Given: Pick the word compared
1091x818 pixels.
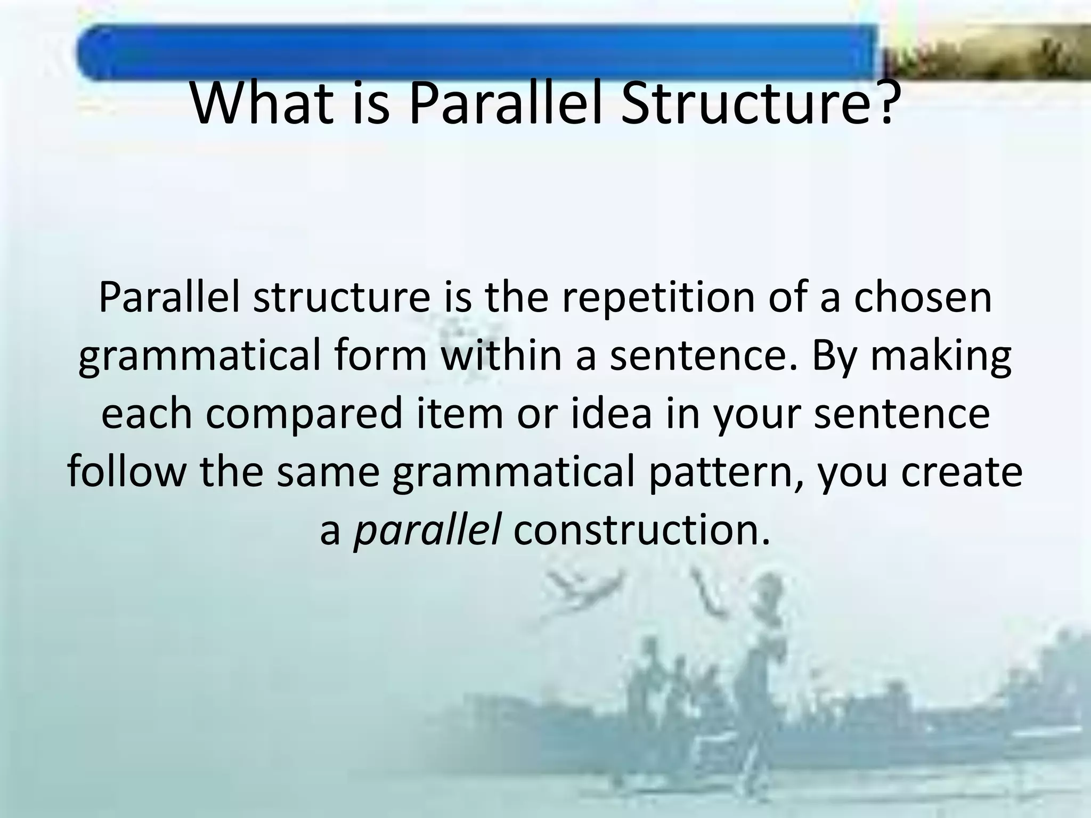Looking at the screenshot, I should coord(304,414).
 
